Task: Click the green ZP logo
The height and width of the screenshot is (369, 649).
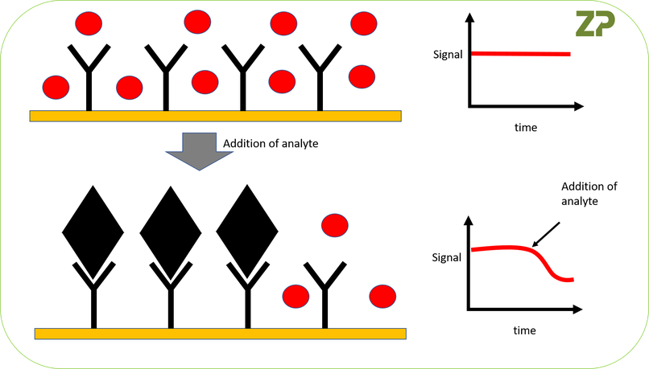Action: coord(595,24)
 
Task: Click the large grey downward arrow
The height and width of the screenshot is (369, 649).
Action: coord(188,150)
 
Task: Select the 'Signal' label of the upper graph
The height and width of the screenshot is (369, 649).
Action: coord(447,55)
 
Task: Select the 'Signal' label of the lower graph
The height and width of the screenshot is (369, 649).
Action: coord(447,257)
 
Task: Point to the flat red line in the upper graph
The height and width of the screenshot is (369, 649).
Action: coord(520,54)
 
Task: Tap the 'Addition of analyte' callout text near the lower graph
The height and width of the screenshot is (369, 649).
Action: coord(589,194)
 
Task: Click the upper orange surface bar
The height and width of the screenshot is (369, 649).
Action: coord(215,115)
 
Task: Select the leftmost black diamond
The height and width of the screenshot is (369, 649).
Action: coord(93,229)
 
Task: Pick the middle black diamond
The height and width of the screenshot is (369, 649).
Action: coord(170,229)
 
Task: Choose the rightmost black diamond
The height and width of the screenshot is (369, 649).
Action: coord(247,229)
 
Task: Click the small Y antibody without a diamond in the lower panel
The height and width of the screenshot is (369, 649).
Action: coord(325,289)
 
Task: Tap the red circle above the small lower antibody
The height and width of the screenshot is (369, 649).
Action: coord(333,224)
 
